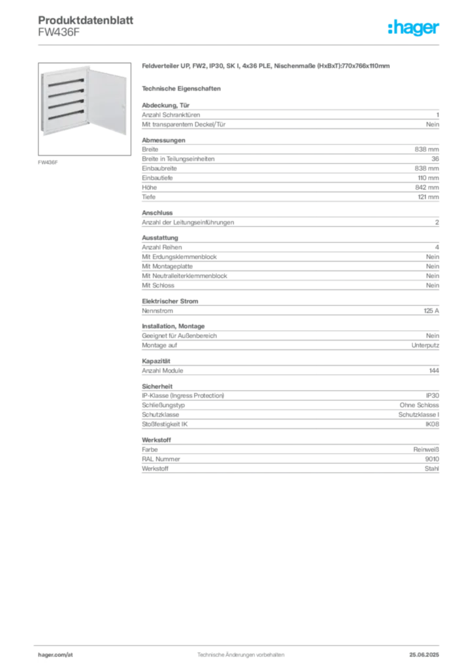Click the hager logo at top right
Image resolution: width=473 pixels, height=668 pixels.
[x=414, y=27]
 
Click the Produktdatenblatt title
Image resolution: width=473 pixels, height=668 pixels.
[x=86, y=20]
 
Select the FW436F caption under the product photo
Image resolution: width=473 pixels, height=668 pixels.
[x=48, y=162]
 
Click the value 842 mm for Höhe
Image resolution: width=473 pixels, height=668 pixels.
[x=427, y=187]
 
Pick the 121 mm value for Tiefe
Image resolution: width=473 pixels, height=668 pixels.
[x=428, y=197]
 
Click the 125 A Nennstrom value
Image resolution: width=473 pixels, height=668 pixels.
[x=431, y=311]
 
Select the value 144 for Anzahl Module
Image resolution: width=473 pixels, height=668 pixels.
[x=434, y=371]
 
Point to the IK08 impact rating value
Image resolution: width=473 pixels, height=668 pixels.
[x=432, y=424]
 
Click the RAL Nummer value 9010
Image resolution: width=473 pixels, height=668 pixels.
[x=432, y=459]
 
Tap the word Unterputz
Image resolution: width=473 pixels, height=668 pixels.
[x=425, y=346]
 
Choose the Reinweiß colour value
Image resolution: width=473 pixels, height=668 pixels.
[x=426, y=449]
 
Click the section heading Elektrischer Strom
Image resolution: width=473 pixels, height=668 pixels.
[x=170, y=301]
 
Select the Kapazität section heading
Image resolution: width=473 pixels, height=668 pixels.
[x=156, y=361]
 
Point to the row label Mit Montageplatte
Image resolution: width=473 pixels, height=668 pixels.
[x=167, y=266]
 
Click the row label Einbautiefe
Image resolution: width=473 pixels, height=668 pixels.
[x=157, y=178]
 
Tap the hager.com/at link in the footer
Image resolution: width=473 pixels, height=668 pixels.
[x=56, y=655]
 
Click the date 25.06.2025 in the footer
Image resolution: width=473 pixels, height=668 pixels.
[x=424, y=655]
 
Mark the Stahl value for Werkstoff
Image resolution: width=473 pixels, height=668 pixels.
[x=432, y=468]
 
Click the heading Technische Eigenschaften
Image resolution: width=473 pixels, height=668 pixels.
[x=181, y=89]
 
